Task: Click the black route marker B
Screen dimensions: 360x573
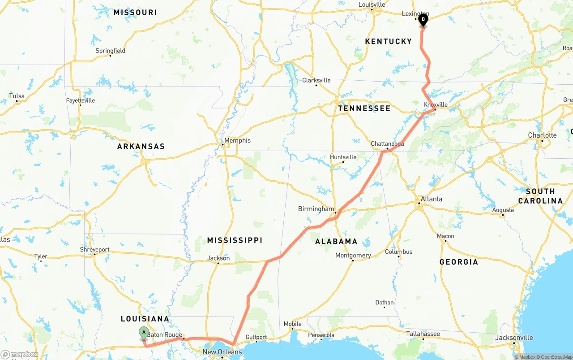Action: [423, 19]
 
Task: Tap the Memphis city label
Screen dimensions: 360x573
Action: [237, 140]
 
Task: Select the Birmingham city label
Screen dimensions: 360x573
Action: [316, 209]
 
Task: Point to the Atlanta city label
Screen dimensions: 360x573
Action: [431, 199]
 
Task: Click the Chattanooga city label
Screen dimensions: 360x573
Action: [387, 144]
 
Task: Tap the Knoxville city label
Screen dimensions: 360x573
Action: [436, 105]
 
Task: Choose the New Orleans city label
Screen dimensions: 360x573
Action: [222, 352]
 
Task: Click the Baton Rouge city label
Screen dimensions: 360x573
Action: [164, 335]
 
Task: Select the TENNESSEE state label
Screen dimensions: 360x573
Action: [364, 108]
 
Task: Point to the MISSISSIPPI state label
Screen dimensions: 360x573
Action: [235, 241]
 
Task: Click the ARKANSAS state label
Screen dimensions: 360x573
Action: [141, 147]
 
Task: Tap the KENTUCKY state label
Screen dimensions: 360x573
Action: [388, 42]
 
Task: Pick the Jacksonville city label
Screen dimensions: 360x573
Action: [514, 338]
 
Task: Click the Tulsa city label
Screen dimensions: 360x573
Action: [17, 96]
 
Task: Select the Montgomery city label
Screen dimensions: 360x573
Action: [353, 256]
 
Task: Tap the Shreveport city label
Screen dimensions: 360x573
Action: [94, 250]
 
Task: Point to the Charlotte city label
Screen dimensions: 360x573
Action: [542, 135]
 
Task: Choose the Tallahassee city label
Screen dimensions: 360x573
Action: [423, 334]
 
